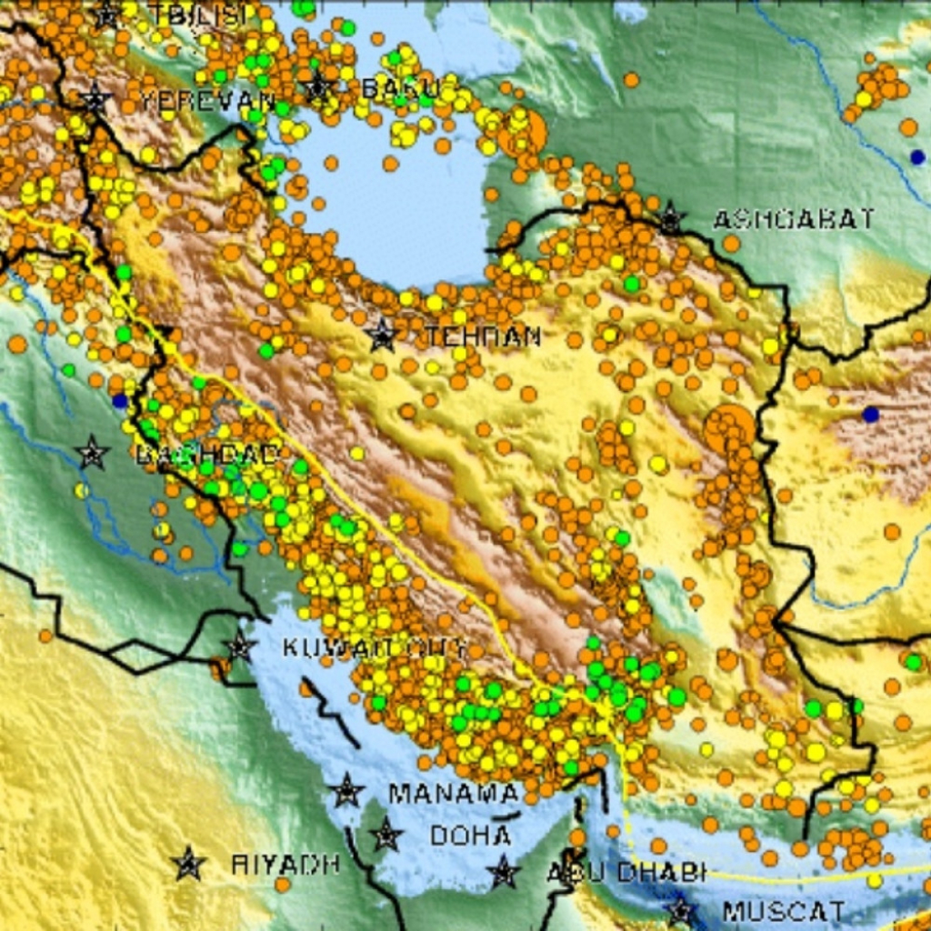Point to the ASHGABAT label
[x=793, y=219]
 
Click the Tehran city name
[x=483, y=337]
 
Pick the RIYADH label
[x=285, y=863]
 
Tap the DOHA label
[x=470, y=835]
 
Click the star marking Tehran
[x=383, y=335]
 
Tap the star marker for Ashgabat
[x=671, y=218]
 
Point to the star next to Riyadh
[x=188, y=863]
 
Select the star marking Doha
[x=386, y=834]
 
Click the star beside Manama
[x=346, y=791]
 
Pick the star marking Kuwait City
[x=239, y=647]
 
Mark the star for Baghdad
[x=92, y=453]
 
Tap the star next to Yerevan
[x=94, y=99]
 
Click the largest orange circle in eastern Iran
[x=729, y=429]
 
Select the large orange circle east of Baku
[x=522, y=133]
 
